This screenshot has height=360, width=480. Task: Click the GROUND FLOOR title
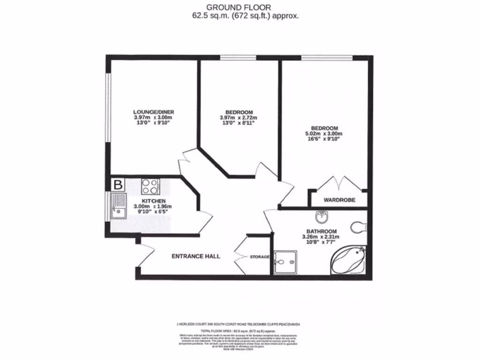[240, 7]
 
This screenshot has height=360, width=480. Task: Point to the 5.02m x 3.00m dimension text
[325, 134]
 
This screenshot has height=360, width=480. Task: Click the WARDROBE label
[339, 200]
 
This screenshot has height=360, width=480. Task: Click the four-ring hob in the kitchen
[150, 187]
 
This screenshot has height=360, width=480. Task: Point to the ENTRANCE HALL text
[196, 256]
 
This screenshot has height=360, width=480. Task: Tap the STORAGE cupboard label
[259, 257]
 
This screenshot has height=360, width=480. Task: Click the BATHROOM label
[322, 232]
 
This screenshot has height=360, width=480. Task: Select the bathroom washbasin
[321, 217]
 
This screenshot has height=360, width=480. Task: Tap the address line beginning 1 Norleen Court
[240, 323]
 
